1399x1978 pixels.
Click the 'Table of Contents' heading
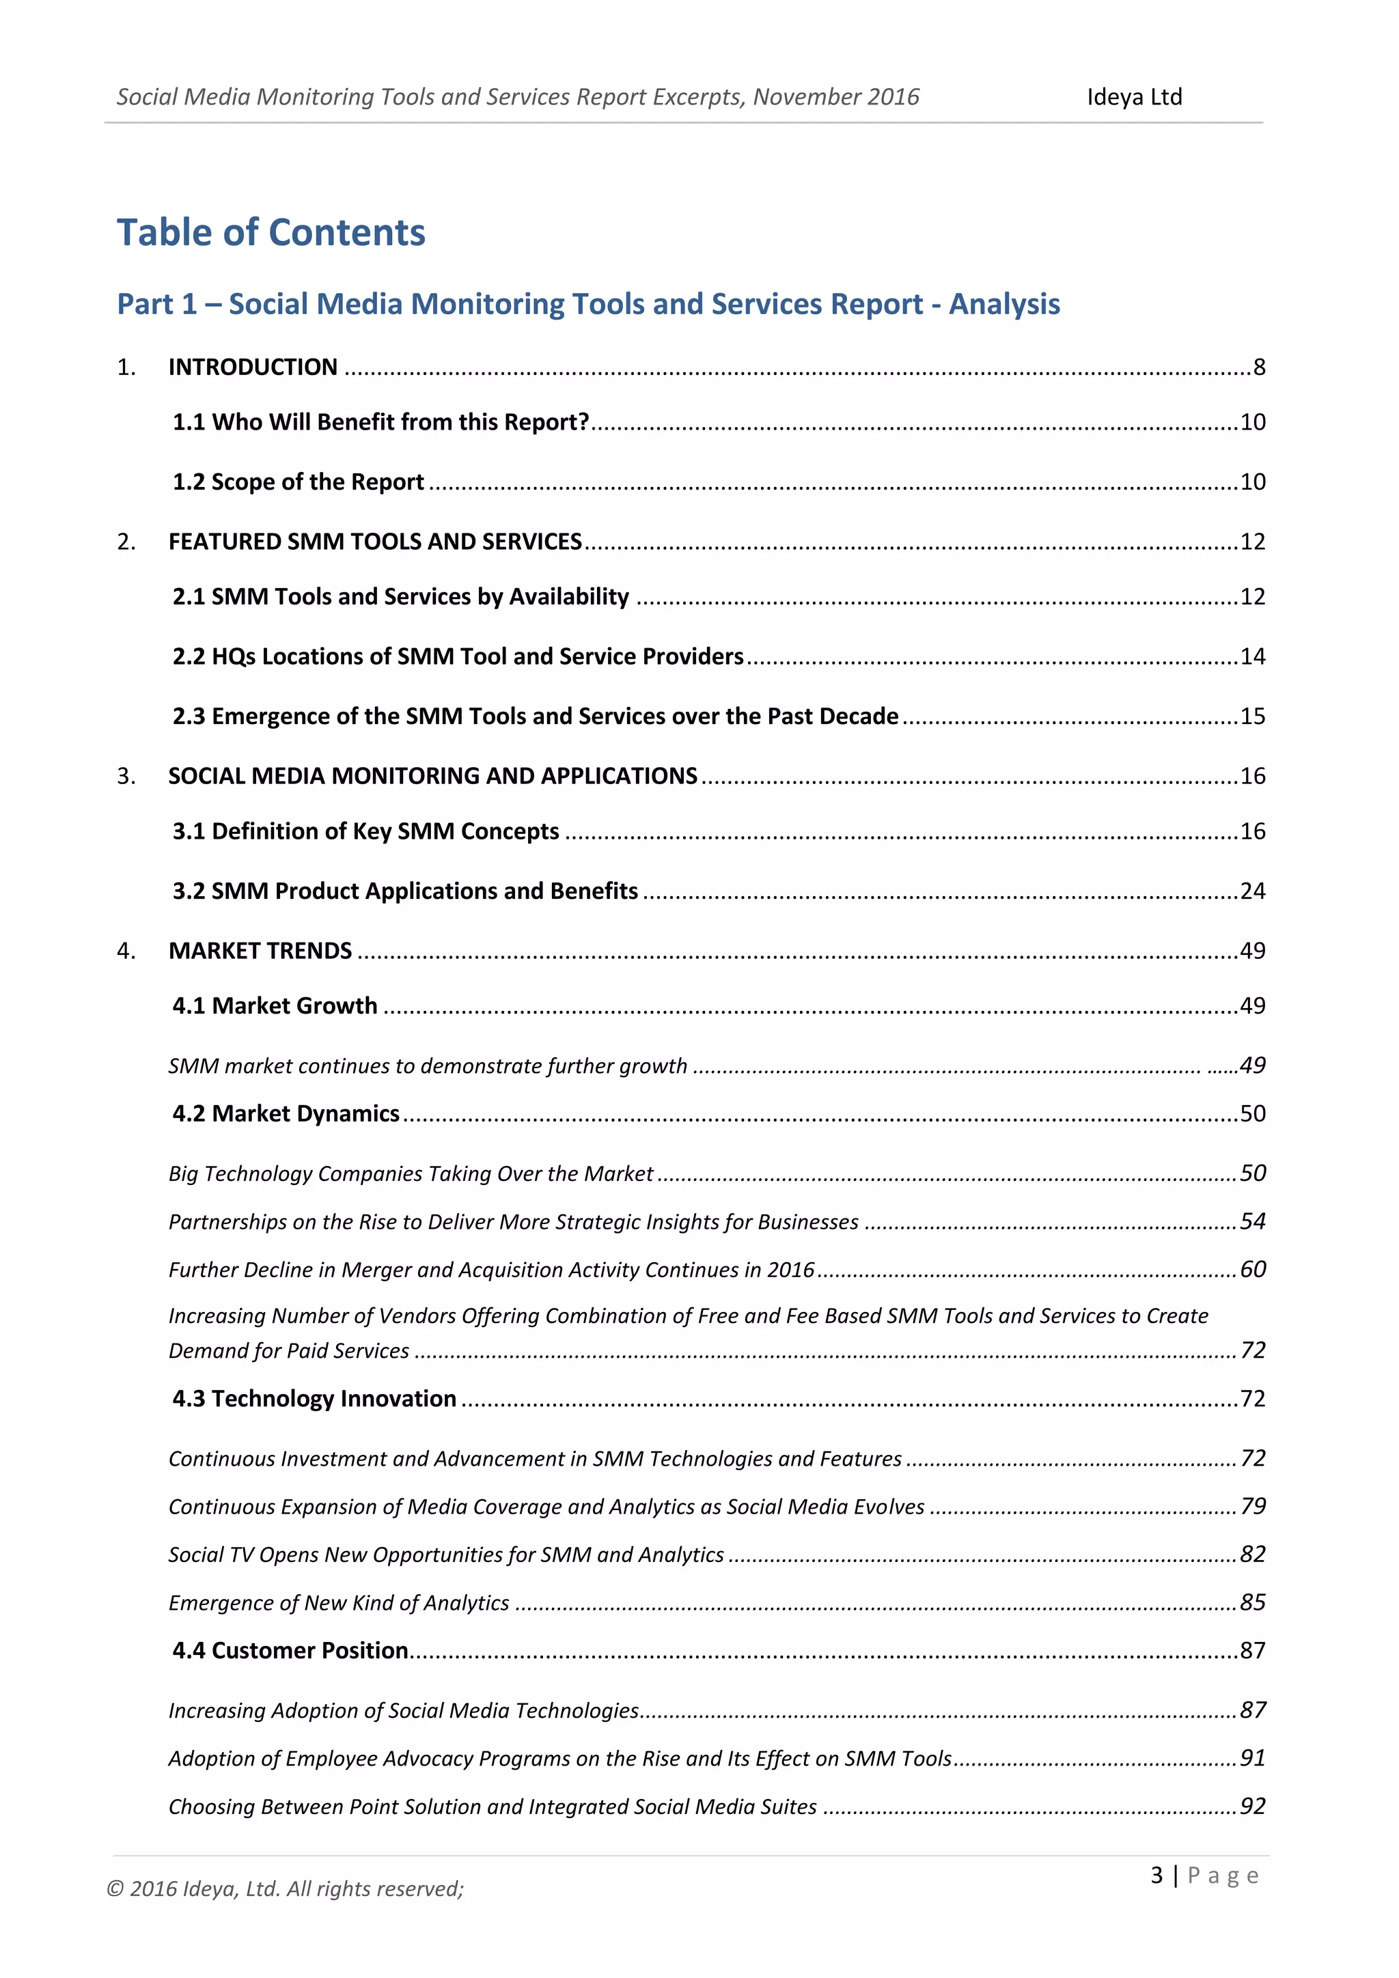pyautogui.click(x=271, y=233)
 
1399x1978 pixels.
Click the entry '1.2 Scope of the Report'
pyautogui.click(x=298, y=482)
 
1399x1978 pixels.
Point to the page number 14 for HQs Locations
pyautogui.click(x=1253, y=656)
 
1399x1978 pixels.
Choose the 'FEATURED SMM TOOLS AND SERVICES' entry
pyautogui.click(x=375, y=541)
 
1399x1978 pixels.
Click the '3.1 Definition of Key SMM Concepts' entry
pyautogui.click(x=365, y=831)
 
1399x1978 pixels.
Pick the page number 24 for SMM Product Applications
pyautogui.click(x=1253, y=891)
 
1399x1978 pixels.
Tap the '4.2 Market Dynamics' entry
pyautogui.click(x=286, y=1114)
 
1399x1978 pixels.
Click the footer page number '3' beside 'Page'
pyautogui.click(x=1157, y=1876)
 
